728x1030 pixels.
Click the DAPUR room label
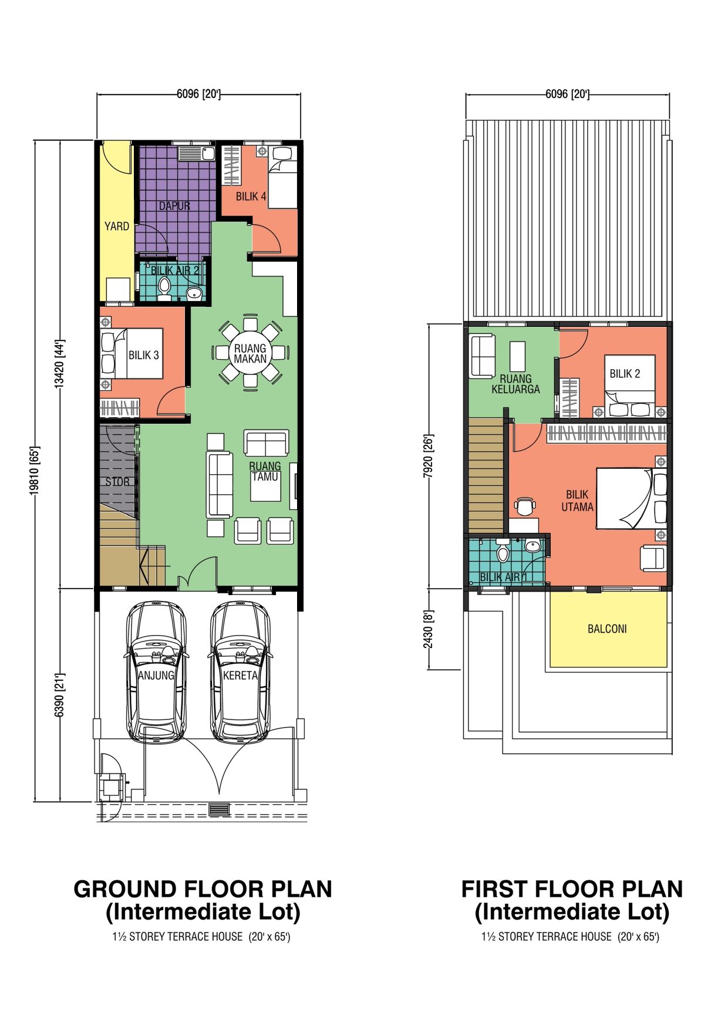click(174, 206)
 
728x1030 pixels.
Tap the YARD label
click(117, 226)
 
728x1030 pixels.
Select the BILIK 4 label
click(251, 197)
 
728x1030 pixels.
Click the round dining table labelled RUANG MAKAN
click(251, 353)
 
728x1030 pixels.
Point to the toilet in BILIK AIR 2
click(164, 287)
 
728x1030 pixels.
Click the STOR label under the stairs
click(117, 482)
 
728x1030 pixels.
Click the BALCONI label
click(607, 629)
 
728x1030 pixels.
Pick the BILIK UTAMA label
click(578, 501)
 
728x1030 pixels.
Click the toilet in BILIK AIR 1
click(503, 552)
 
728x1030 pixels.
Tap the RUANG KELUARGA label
click(515, 384)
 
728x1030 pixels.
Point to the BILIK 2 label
click(625, 374)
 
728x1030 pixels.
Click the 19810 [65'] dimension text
click(34, 471)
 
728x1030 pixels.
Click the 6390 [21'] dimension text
click(59, 695)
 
